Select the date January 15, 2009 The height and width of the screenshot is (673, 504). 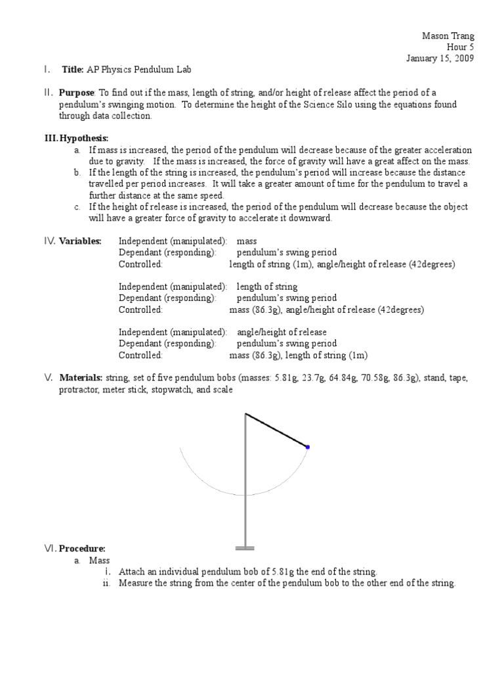(x=439, y=58)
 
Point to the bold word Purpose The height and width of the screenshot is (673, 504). (x=77, y=93)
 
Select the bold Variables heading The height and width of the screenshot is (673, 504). (x=80, y=241)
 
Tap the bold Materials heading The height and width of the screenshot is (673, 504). (x=81, y=378)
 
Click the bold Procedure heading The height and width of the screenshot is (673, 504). (x=82, y=548)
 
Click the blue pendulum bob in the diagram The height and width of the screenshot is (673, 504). (x=308, y=447)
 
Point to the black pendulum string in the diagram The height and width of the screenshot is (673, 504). (x=276, y=430)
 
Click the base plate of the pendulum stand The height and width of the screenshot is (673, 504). (x=245, y=547)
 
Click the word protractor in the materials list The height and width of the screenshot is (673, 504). (x=79, y=390)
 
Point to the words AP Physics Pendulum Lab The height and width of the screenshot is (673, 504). (x=145, y=70)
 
